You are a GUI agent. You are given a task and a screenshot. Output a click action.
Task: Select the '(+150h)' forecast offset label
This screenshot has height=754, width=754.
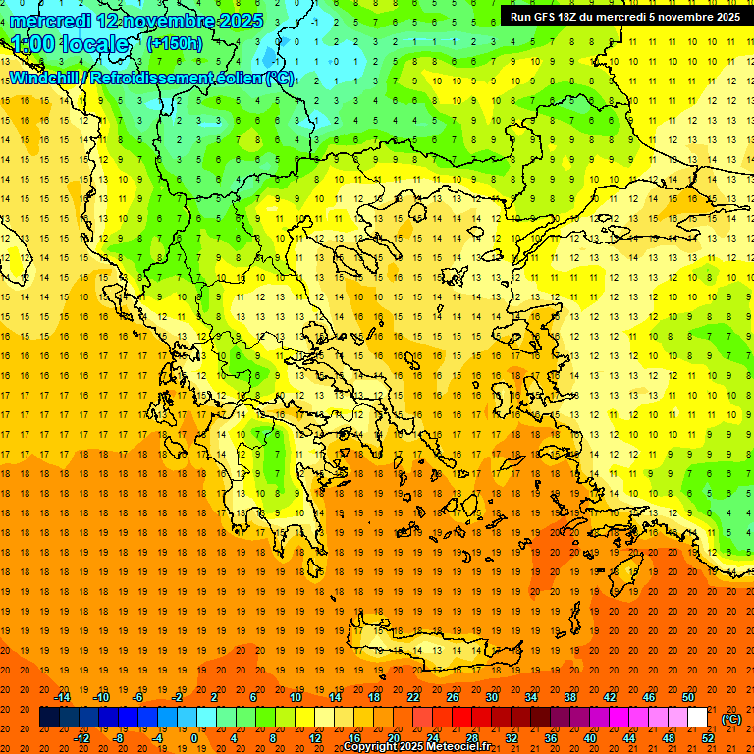[175, 43]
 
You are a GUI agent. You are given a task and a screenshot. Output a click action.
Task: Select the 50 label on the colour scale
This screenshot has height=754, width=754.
[688, 697]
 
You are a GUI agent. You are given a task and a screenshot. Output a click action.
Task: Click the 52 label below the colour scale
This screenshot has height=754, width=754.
[708, 738]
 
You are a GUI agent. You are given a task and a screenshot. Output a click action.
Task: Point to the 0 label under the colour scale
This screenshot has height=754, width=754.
[193, 738]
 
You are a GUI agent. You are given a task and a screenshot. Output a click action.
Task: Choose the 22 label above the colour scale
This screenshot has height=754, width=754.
[413, 697]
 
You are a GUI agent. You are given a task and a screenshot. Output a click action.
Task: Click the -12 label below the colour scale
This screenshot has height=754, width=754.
[81, 738]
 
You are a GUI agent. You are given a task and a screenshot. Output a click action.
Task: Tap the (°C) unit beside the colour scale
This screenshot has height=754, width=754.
[731, 718]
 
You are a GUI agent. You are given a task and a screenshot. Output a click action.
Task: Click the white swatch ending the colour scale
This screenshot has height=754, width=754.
[698, 718]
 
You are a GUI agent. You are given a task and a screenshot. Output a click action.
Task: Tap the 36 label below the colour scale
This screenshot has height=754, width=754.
[551, 738]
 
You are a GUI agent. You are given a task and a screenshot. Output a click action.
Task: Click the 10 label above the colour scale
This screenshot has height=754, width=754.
[296, 697]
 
